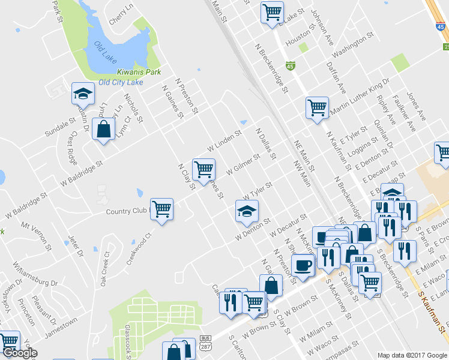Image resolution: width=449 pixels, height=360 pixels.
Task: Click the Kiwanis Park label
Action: tap(139, 72)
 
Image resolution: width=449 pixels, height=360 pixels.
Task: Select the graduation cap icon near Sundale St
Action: tap(83, 93)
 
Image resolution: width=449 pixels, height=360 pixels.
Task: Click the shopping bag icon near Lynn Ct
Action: tap(104, 128)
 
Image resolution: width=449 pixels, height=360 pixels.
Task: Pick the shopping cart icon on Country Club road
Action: tap(161, 209)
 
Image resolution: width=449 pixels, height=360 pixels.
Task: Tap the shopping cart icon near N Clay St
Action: tap(203, 169)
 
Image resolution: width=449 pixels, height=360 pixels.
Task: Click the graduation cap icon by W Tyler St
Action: tap(246, 211)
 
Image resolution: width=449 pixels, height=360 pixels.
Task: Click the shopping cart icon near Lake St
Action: tap(272, 11)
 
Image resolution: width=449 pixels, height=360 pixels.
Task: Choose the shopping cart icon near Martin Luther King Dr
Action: tap(317, 108)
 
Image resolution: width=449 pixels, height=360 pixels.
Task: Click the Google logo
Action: tap(20, 353)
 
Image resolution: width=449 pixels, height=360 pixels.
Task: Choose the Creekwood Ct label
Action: tap(137, 250)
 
